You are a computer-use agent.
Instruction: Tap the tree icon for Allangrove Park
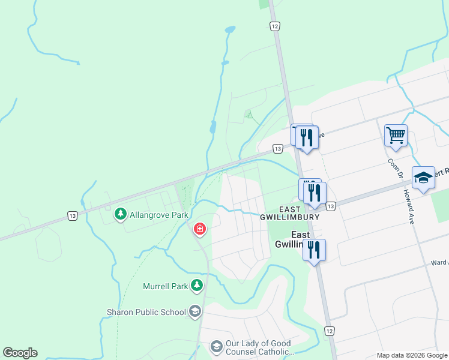pos(121,214)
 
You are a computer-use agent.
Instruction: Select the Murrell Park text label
pos(166,286)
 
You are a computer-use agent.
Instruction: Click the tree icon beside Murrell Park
pos(196,286)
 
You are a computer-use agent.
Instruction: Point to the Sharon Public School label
pos(146,312)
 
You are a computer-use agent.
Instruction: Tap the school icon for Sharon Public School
pos(194,311)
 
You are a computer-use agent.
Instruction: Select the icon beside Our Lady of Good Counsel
pos(216,347)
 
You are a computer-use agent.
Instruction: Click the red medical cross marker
pos(199,229)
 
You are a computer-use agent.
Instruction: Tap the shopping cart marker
pos(396,135)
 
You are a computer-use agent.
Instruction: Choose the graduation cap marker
pos(423,178)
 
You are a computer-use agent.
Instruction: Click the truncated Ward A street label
pos(439,263)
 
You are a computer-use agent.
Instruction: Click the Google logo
pos(20,353)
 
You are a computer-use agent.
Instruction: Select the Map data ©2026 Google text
pos(412,356)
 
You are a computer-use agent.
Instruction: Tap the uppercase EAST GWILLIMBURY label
pos(290,212)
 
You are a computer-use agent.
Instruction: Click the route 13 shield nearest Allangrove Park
pos(73,215)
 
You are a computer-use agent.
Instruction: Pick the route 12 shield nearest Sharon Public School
pos(329,331)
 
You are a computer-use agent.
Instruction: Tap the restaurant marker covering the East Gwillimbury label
pos(313,249)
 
